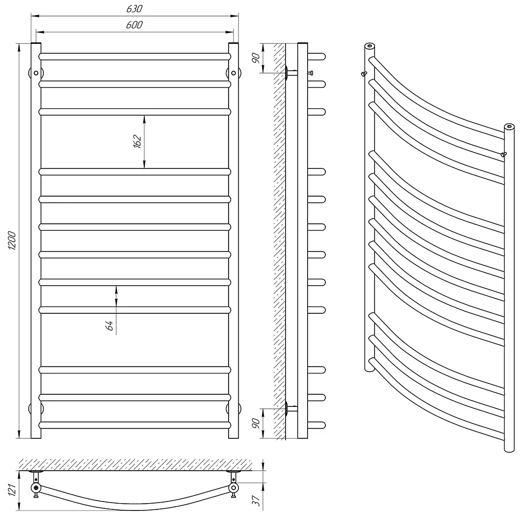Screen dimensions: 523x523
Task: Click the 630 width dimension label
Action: tap(134, 9)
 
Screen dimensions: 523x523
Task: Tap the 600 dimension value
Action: tap(134, 25)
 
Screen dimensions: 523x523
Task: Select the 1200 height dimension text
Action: tap(12, 241)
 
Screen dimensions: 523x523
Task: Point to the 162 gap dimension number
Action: tap(137, 141)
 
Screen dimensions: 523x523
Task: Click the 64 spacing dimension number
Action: tap(109, 325)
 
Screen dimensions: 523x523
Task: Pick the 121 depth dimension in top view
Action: tap(12, 490)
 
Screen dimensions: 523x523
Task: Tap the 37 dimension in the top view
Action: tap(256, 501)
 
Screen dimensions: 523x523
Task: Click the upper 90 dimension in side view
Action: tap(256, 58)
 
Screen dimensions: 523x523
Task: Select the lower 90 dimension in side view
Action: tap(256, 423)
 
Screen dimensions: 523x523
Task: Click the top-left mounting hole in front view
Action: tap(36, 73)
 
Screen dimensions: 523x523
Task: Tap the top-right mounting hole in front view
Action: tap(233, 73)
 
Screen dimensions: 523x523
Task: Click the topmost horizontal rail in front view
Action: tap(135, 56)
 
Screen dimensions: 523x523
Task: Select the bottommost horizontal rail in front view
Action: tap(135, 425)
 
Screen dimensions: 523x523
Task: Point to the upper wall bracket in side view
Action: tap(291, 73)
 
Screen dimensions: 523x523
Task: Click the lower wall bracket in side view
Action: tap(291, 408)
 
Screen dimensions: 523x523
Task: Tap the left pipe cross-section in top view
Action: tap(36, 487)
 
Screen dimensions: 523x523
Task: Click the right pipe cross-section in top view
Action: tap(233, 487)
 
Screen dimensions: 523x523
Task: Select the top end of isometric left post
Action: tap(370, 46)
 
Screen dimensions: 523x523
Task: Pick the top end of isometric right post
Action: tap(509, 127)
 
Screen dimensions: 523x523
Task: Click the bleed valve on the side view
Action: tap(311, 73)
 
